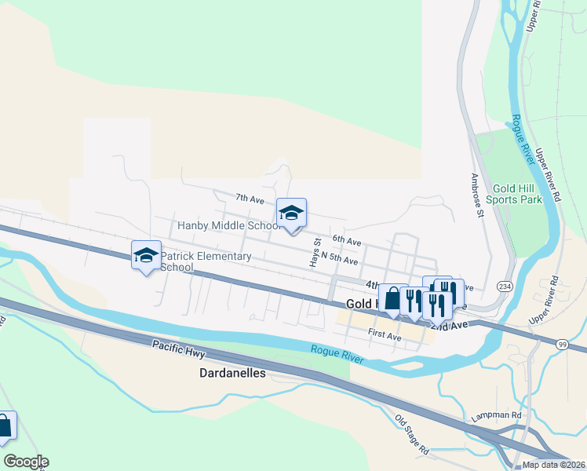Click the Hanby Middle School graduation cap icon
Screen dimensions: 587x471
tap(291, 213)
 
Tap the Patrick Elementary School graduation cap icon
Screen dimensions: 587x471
tap(146, 255)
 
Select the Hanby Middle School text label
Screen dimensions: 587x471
tap(228, 226)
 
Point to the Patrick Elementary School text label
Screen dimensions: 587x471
tap(206, 261)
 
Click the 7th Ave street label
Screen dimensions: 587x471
tap(250, 199)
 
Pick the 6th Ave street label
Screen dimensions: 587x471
tap(346, 240)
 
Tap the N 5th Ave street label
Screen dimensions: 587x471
tap(340, 260)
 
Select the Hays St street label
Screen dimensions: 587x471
tap(317, 253)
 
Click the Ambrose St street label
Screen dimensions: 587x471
tap(476, 195)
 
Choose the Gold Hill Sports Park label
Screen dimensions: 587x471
tap(514, 194)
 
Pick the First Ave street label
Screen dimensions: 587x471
tap(385, 335)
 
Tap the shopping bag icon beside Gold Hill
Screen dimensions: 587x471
tap(392, 299)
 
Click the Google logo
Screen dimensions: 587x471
tap(26, 462)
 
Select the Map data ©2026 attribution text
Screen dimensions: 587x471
tap(553, 465)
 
